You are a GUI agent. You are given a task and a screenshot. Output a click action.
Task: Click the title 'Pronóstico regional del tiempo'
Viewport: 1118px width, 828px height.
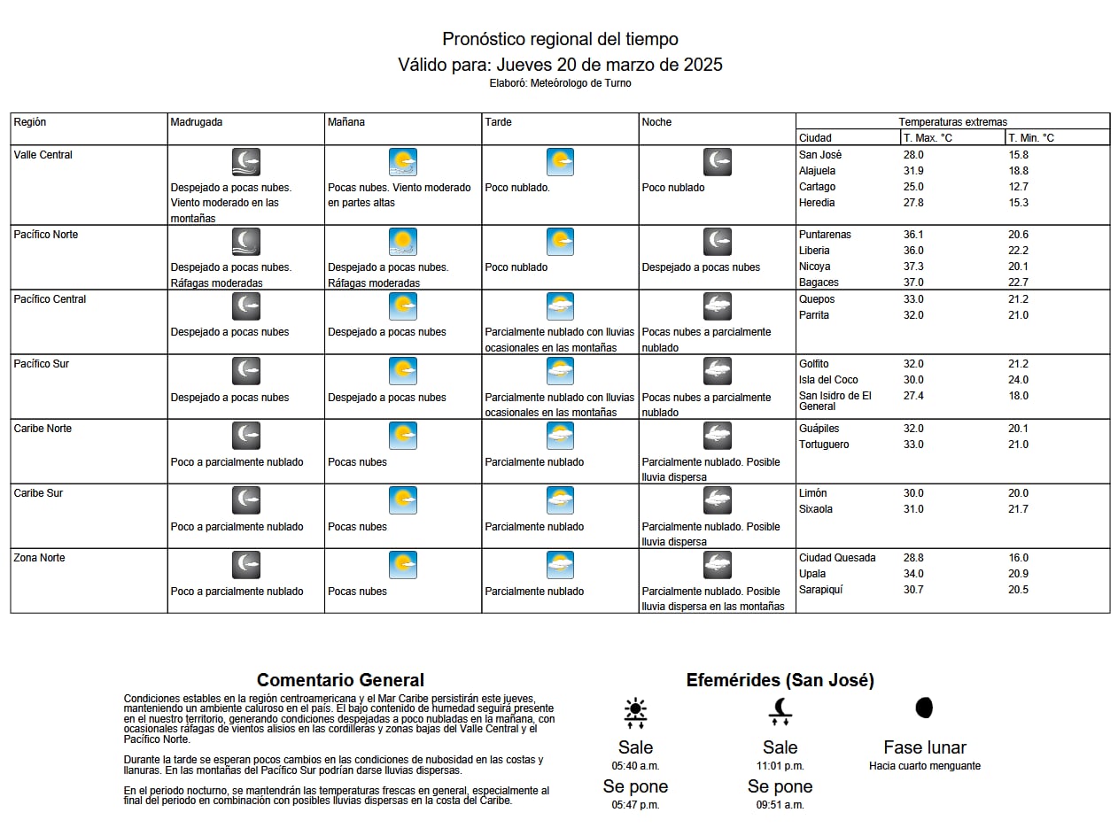click(x=560, y=39)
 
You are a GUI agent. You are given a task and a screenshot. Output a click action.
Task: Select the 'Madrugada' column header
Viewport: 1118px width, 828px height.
click(x=196, y=122)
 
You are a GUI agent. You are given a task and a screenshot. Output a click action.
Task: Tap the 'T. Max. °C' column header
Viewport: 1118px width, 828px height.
click(x=928, y=138)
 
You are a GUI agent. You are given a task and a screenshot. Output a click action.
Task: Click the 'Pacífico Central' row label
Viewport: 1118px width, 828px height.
click(x=50, y=299)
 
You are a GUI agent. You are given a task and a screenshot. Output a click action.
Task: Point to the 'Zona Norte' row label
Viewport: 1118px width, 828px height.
click(x=39, y=558)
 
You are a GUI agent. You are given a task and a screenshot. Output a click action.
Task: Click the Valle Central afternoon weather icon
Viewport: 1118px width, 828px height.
click(x=560, y=162)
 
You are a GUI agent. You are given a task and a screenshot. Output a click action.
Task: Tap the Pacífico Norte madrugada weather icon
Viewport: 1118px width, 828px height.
click(x=245, y=242)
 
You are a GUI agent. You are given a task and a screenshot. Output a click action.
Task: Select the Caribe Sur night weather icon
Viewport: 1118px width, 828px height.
click(x=717, y=500)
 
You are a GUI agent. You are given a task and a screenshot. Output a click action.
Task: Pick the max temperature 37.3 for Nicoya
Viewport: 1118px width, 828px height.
click(x=912, y=267)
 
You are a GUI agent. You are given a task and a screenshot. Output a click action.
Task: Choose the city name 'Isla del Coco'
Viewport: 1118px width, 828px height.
click(x=828, y=380)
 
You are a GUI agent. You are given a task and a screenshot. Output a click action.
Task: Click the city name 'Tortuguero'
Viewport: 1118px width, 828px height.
click(x=824, y=445)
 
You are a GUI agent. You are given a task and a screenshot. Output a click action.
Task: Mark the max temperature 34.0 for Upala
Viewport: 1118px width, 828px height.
click(x=912, y=574)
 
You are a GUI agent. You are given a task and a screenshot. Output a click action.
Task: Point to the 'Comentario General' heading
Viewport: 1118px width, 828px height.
click(x=340, y=680)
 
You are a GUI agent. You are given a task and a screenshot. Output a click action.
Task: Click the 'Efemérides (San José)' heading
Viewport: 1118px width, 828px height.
click(x=780, y=680)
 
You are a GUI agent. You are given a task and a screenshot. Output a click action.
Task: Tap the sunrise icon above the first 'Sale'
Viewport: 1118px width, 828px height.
click(x=635, y=712)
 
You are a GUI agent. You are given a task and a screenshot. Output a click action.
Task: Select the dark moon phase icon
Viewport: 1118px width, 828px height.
click(x=924, y=708)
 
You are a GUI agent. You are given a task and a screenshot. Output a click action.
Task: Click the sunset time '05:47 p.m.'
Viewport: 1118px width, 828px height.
click(x=635, y=805)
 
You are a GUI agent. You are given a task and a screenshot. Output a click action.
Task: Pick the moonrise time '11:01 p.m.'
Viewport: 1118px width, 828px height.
click(x=780, y=766)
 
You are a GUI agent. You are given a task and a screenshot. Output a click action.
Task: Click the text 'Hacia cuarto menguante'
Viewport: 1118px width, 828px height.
click(x=924, y=766)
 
